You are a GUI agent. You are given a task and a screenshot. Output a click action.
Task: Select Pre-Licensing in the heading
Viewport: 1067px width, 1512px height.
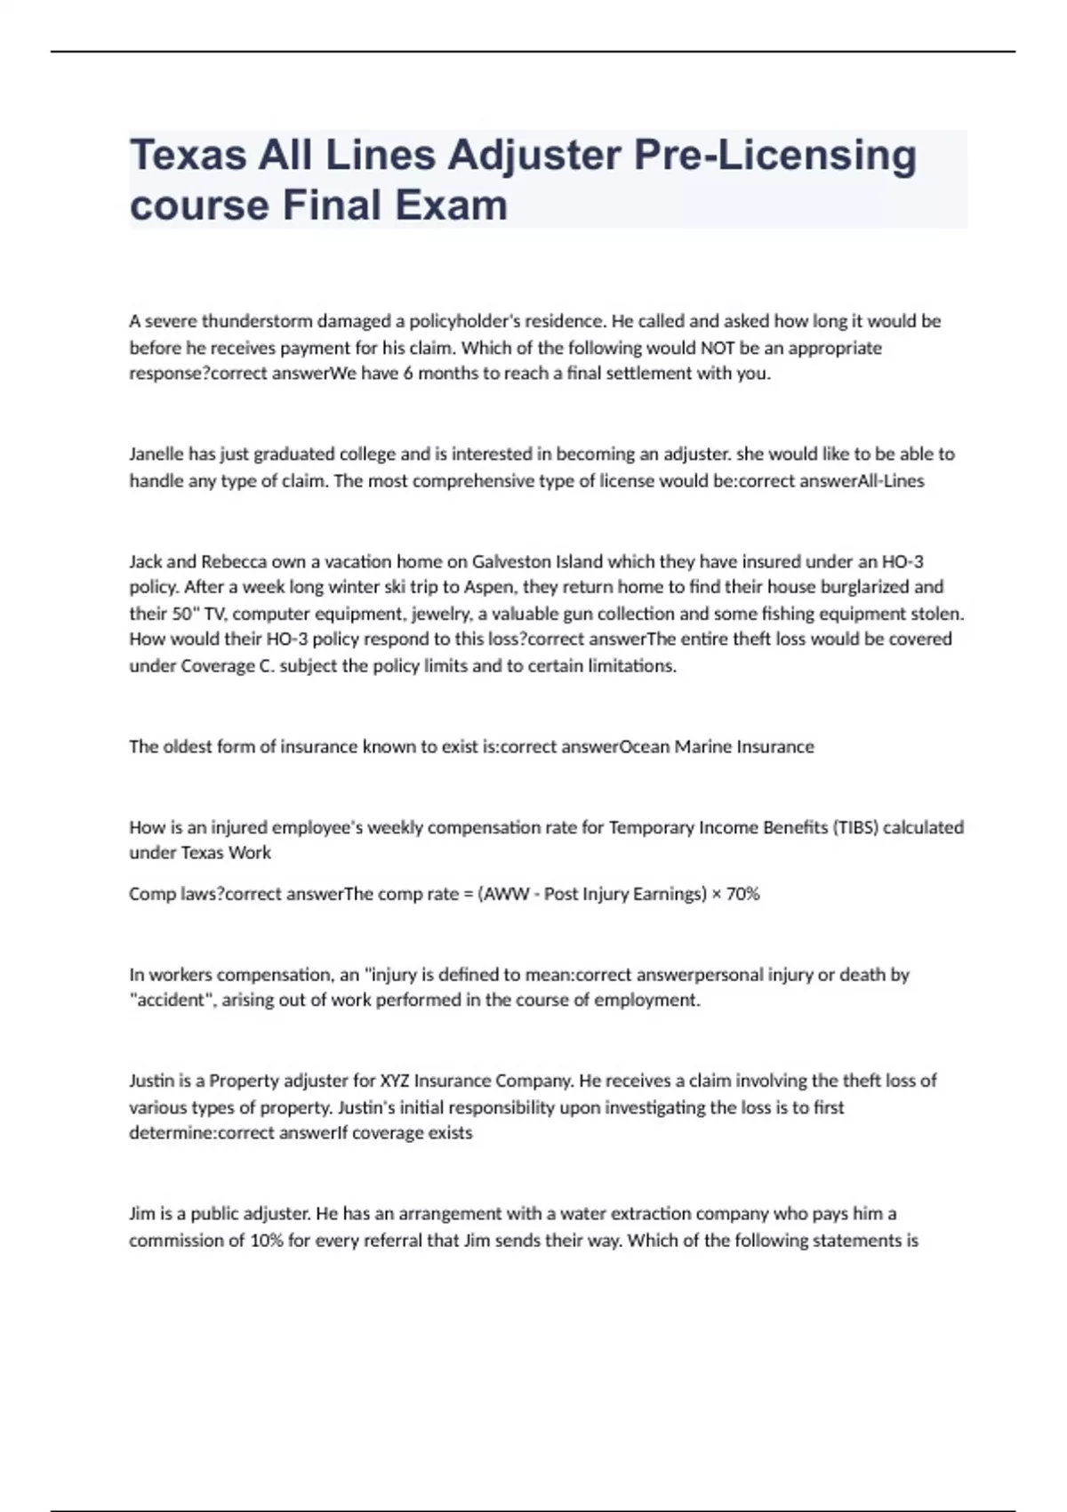click(774, 156)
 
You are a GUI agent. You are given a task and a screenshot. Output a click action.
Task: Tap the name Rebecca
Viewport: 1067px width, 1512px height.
click(234, 562)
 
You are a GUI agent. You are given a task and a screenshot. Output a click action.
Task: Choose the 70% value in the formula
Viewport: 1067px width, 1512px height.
click(742, 894)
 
